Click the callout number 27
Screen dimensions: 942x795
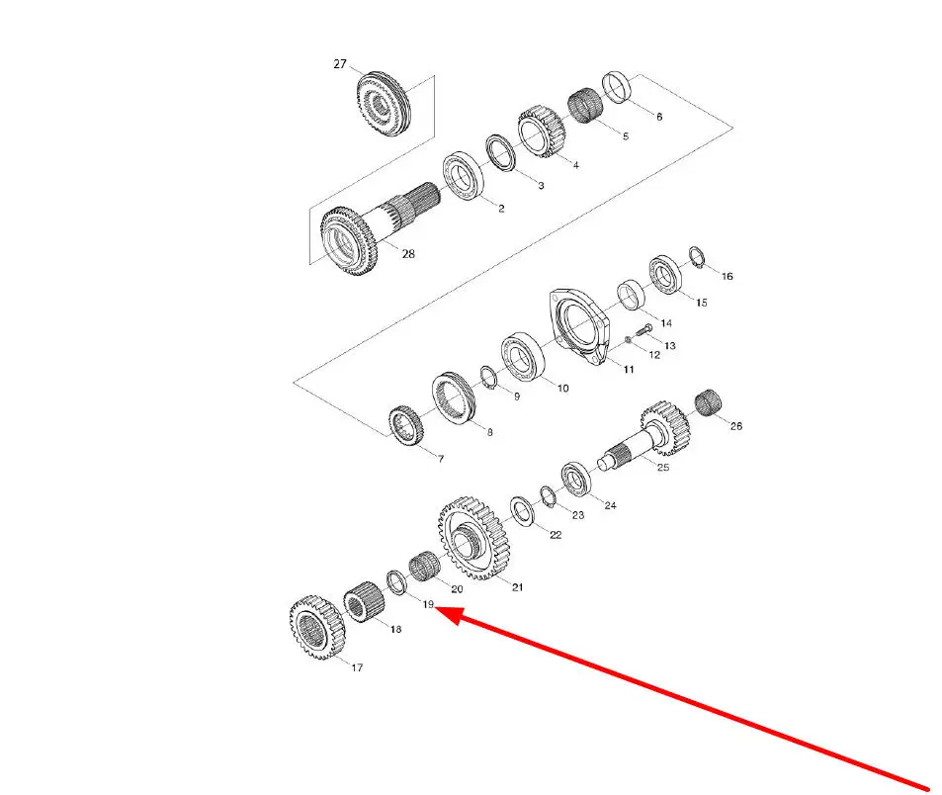coord(340,63)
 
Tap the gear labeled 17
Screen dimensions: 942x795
coord(316,628)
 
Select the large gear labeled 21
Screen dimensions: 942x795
coord(474,539)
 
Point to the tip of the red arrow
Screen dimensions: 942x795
coord(435,609)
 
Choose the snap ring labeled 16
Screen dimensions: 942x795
coord(696,257)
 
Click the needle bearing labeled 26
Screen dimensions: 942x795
coord(709,402)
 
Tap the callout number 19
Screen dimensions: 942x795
coord(428,604)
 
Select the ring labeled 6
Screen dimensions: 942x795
coord(617,87)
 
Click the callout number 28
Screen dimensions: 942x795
coord(408,253)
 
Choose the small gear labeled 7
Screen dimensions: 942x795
coord(406,426)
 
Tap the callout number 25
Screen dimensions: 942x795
coord(663,467)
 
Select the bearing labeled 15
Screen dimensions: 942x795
coord(665,275)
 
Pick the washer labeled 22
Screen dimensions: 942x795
coord(523,511)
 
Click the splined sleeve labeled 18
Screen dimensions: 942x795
coord(364,602)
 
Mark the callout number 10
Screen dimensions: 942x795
coord(562,389)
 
